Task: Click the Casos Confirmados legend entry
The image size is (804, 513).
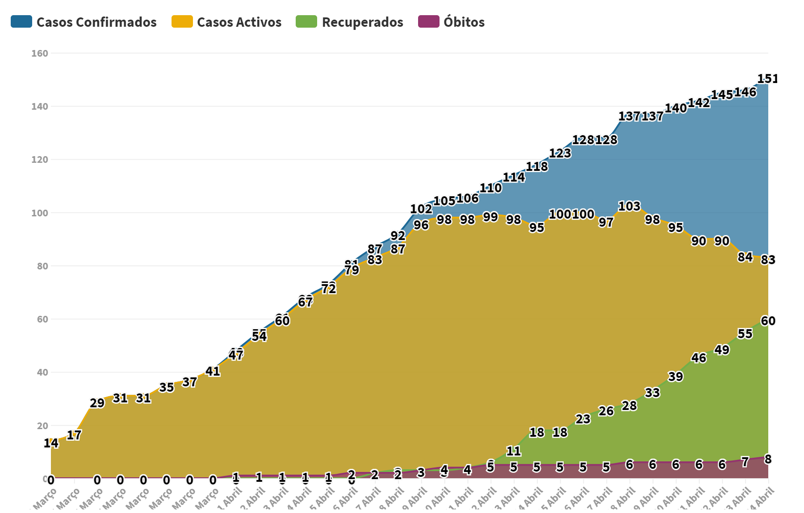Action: point(84,22)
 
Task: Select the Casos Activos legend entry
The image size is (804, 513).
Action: point(226,22)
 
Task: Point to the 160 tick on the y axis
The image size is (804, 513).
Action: point(40,54)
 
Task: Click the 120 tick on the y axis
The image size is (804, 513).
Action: point(40,160)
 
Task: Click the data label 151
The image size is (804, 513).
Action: point(767,79)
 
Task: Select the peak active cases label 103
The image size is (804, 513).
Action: point(629,207)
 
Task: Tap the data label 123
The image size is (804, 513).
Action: point(560,153)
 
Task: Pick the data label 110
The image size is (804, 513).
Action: point(490,188)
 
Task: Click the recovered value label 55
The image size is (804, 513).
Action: point(745,334)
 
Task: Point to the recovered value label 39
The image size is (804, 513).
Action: point(675,377)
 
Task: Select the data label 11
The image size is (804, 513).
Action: point(514,451)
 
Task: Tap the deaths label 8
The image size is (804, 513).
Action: point(768,459)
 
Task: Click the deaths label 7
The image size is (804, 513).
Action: point(745,463)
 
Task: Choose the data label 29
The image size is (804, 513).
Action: point(97,403)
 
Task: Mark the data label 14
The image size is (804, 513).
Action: point(51,443)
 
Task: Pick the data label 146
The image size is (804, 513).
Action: point(745,92)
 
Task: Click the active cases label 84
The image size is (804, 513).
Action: point(745,257)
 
